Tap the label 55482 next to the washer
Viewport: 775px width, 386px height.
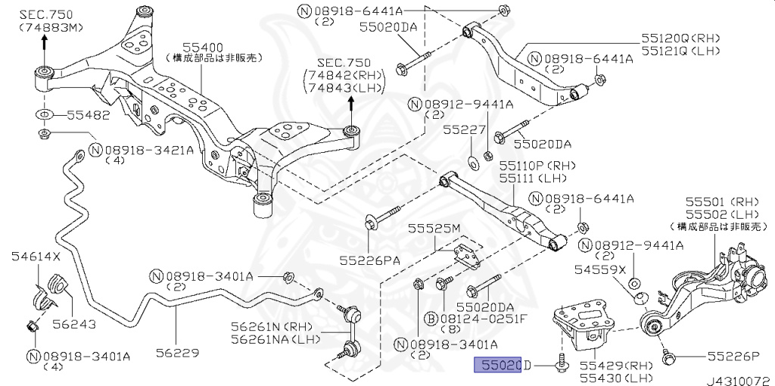pos(88,116)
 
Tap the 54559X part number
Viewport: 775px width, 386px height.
pos(599,269)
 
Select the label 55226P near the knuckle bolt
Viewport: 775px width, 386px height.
pos(733,355)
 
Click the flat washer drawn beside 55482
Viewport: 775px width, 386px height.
pos(43,115)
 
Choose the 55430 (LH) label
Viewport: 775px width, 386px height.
pos(616,377)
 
